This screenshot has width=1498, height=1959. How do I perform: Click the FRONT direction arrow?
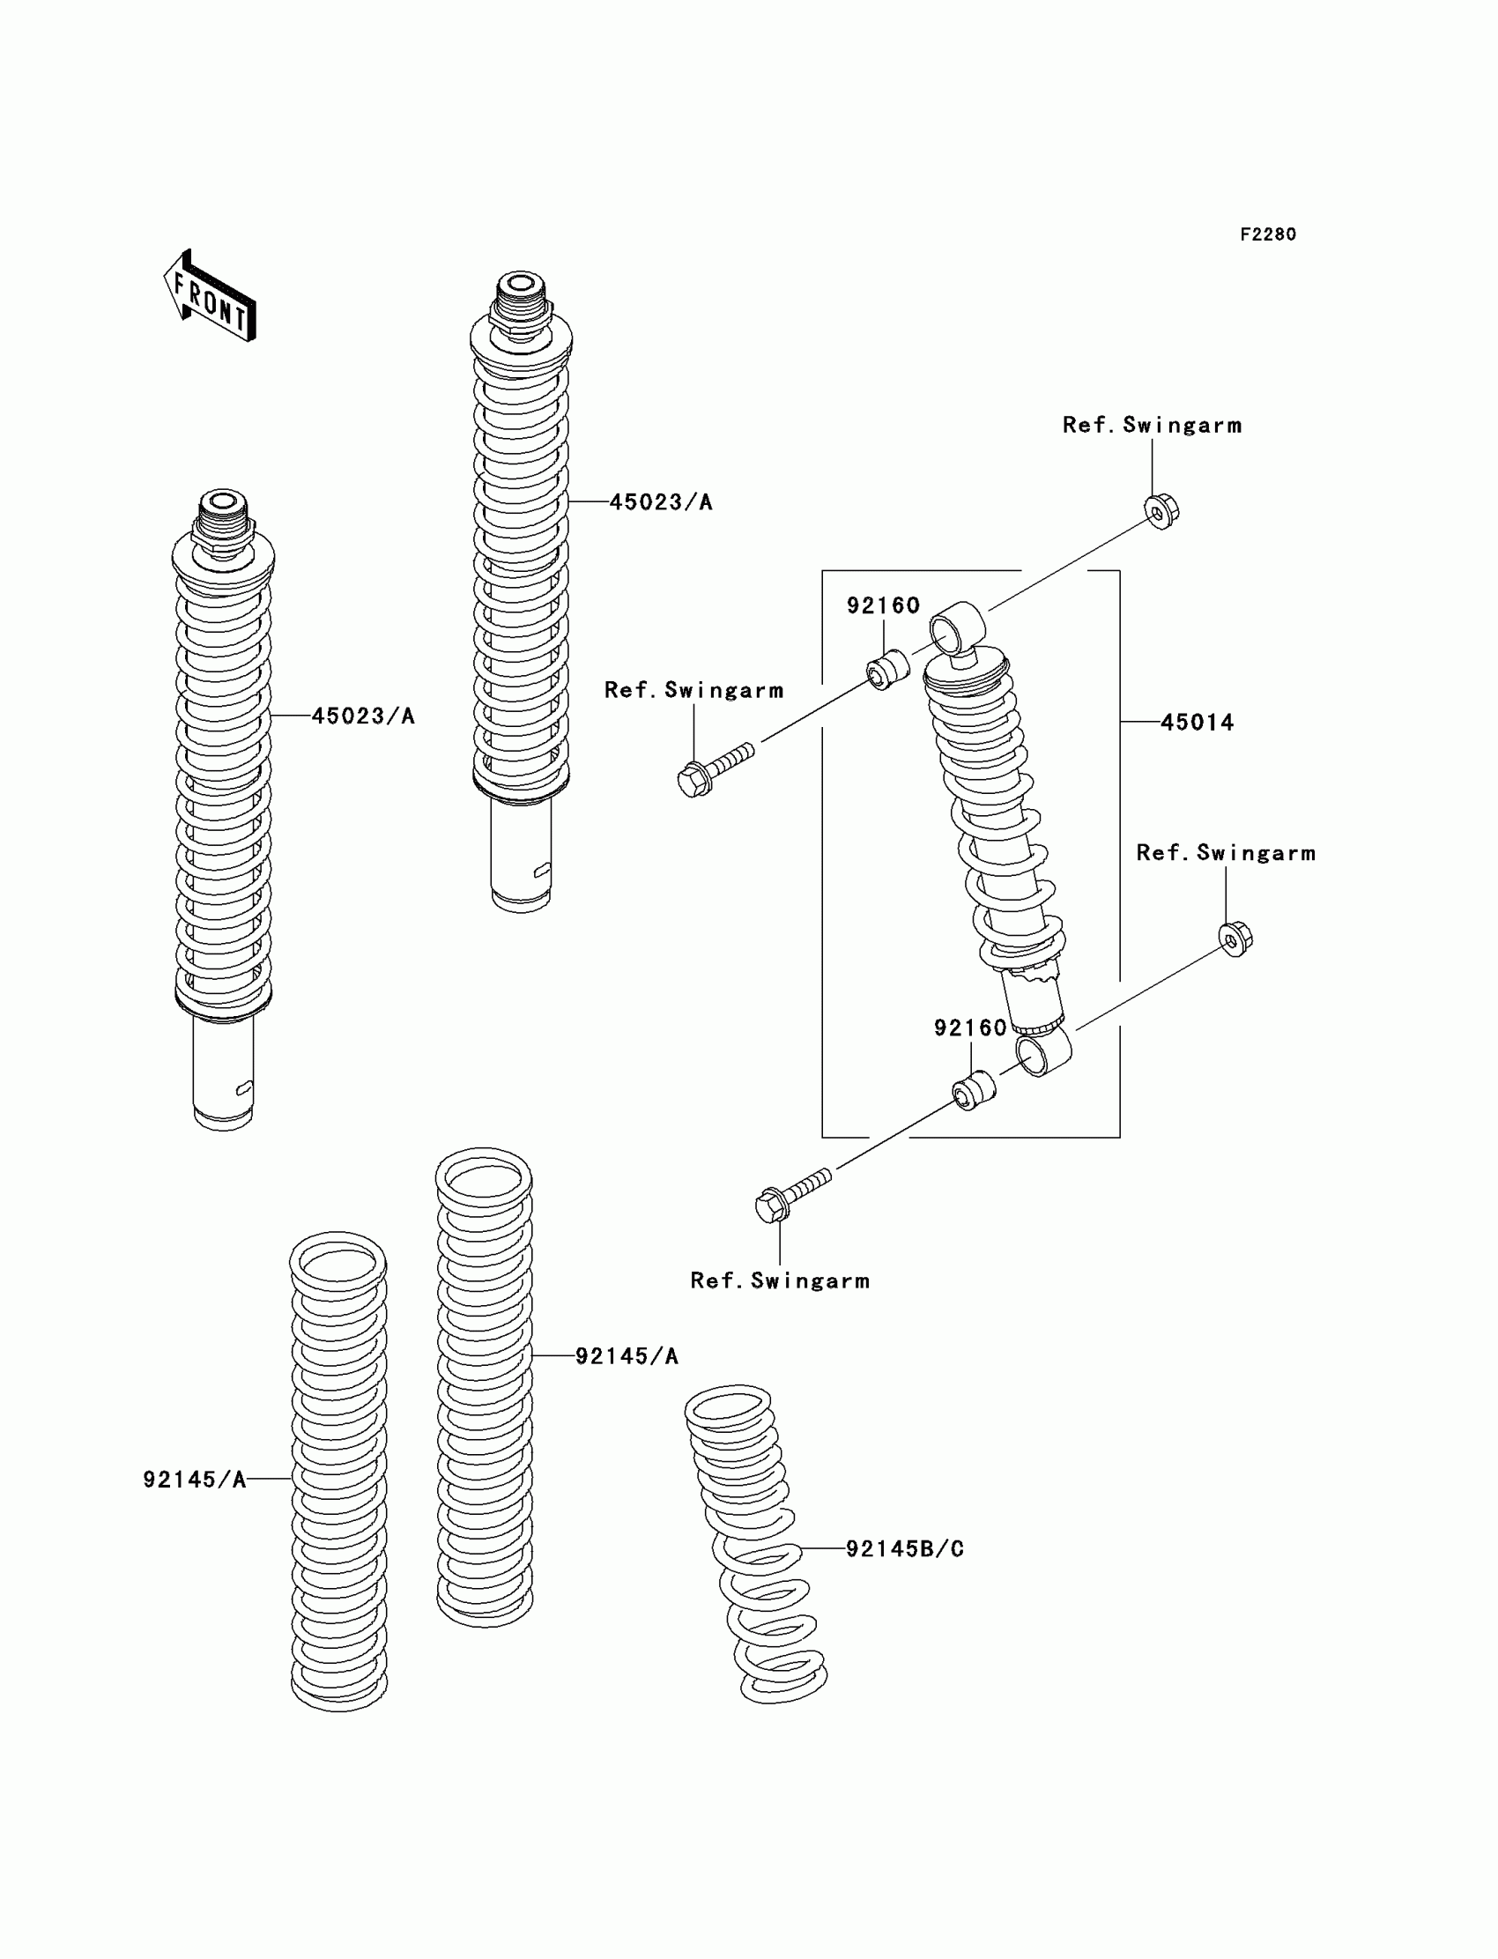[x=211, y=298]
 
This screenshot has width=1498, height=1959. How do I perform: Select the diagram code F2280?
[x=1267, y=234]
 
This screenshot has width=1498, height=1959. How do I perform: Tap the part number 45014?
[x=1197, y=723]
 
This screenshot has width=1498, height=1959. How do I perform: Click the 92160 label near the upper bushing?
[x=883, y=606]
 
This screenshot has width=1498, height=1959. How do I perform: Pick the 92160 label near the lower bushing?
[x=970, y=1028]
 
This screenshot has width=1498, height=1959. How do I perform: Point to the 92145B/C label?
[x=904, y=1549]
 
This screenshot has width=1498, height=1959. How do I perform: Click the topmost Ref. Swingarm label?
[x=1151, y=426]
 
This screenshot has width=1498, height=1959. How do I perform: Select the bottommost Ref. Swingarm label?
[x=779, y=1281]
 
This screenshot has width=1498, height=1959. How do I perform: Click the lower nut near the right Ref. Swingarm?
[x=1235, y=938]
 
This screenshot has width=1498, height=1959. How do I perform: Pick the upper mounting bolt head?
[x=693, y=780]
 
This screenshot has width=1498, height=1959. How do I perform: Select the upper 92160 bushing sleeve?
[x=888, y=670]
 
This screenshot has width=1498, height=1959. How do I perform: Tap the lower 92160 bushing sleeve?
[x=973, y=1088]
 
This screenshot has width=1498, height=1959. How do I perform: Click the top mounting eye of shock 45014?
[x=958, y=624]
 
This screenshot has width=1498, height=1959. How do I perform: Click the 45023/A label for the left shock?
[x=363, y=716]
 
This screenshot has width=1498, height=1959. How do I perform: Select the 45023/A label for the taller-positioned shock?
[x=661, y=503]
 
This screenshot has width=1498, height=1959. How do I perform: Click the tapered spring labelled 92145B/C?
[x=756, y=1542]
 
